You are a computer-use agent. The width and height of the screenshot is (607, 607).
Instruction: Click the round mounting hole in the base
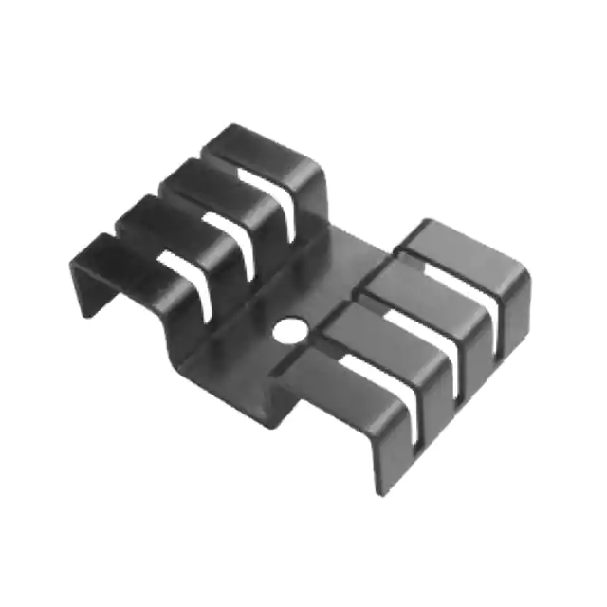coord(288,330)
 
